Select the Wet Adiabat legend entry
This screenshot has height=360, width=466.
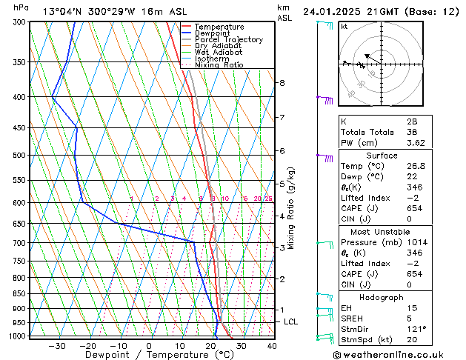pyautogui.click(x=219, y=52)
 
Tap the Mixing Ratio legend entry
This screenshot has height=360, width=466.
pyautogui.click(x=219, y=64)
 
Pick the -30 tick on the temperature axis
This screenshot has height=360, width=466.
pyautogui.click(x=57, y=345)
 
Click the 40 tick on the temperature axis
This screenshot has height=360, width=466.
pyautogui.click(x=272, y=345)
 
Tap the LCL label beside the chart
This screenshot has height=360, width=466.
pyautogui.click(x=290, y=321)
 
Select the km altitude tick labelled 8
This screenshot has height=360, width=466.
pyautogui.click(x=282, y=83)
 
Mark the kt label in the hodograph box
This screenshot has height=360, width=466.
pyautogui.click(x=344, y=27)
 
